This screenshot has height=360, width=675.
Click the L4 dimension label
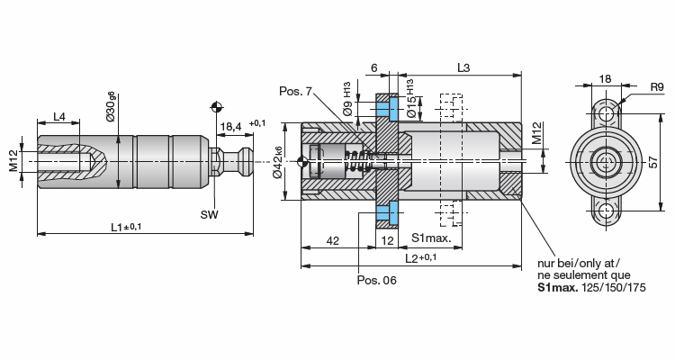point(59,116)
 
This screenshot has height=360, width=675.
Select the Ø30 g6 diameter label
point(111,106)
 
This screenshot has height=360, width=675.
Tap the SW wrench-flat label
point(209,214)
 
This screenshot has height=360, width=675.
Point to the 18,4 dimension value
point(230,126)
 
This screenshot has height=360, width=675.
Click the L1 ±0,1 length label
point(126,227)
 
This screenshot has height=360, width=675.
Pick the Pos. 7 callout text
point(295,91)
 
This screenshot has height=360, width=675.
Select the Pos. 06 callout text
point(377,280)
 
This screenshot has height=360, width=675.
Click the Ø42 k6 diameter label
point(277,162)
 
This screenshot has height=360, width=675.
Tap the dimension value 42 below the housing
point(333,240)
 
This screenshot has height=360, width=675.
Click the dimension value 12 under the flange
point(387,240)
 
